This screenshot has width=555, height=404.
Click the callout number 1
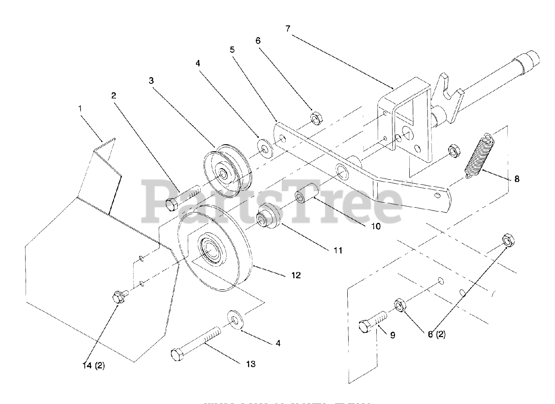[80, 108]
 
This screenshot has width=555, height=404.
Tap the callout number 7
[288, 29]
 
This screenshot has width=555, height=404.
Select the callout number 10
[375, 226]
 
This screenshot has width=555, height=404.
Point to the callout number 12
[296, 275]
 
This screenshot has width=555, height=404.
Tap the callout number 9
[392, 335]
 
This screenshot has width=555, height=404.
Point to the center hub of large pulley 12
[211, 252]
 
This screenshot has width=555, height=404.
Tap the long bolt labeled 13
[197, 344]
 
